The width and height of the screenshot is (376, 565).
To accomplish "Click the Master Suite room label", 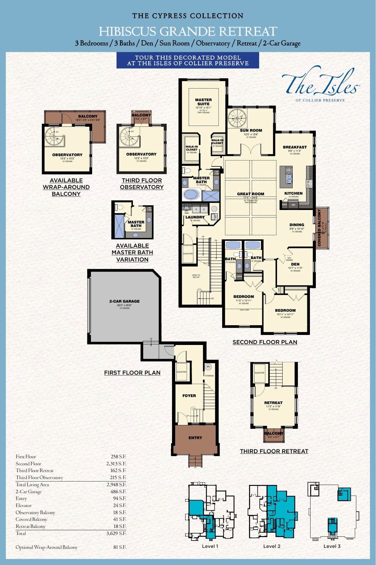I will (x=203, y=102).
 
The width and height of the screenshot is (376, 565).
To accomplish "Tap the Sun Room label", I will (x=251, y=130).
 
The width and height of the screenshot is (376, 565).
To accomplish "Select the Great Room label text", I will (x=250, y=194).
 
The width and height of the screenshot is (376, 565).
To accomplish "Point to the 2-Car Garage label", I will (x=124, y=301).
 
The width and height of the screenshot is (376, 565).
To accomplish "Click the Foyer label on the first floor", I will (x=189, y=395).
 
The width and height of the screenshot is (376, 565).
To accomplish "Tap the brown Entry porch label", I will (x=195, y=438).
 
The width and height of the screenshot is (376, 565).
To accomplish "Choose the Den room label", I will (x=295, y=264).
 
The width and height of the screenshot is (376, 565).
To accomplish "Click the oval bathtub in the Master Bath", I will (x=192, y=194).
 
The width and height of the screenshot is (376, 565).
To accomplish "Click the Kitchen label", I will (x=293, y=193).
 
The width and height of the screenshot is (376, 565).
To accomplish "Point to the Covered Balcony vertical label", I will (x=319, y=227).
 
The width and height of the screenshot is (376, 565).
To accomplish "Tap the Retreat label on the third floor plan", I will (x=273, y=402).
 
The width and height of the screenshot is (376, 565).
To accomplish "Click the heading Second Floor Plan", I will (x=265, y=342).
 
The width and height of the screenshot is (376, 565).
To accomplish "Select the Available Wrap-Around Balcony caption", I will (x=66, y=187).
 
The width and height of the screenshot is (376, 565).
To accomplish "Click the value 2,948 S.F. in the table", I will (x=116, y=484).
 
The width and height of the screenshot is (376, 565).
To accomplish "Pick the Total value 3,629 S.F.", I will (x=116, y=533).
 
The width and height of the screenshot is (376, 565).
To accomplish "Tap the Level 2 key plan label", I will (x=272, y=546).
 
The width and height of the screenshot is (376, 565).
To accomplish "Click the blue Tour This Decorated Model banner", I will (x=188, y=60).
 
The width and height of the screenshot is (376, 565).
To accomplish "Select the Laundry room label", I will (x=195, y=217).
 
